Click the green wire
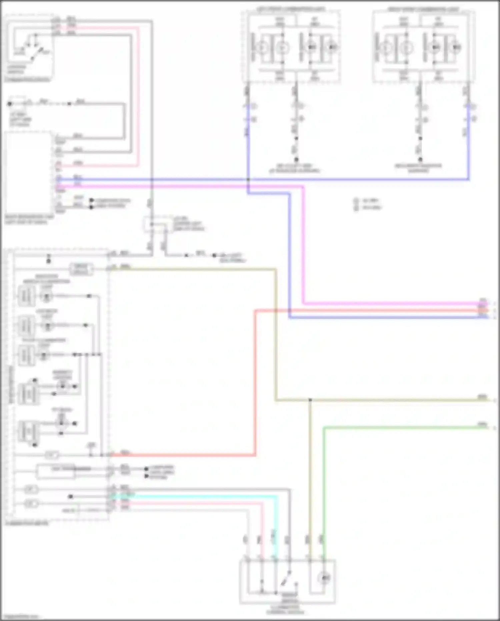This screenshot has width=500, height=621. coord(400,427)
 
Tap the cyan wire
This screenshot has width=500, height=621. coord(200,497)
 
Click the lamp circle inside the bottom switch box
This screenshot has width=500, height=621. coord(324,578)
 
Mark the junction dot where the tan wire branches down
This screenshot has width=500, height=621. coord(310,400)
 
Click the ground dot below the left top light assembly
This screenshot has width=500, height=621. coord(296,160)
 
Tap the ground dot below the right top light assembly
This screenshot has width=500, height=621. coord(420,160)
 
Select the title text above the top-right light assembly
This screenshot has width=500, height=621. coord(423,8)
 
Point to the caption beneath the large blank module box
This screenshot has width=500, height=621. coord(28,219)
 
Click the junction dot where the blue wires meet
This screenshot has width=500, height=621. coord(248,180)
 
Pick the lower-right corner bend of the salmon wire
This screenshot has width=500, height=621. coord(255,454)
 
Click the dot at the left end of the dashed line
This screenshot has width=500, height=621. coord(10,104)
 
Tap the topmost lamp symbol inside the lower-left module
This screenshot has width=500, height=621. coord(46,296)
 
